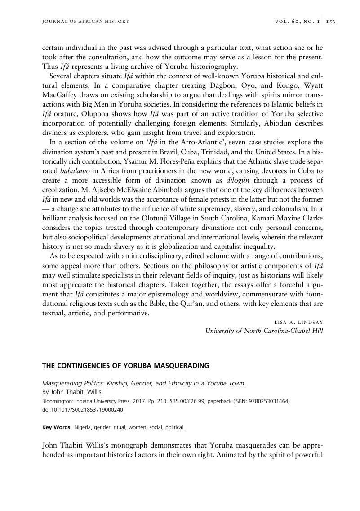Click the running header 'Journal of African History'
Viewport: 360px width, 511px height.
pos(86,22)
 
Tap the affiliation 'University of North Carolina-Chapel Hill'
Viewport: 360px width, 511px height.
pos(264,331)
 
